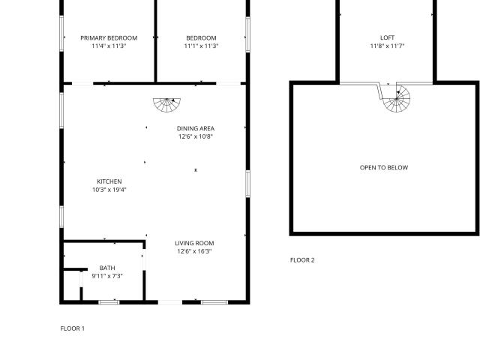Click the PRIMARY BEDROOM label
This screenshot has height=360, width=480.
point(109,38)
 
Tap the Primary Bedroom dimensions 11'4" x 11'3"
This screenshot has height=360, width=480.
point(109,46)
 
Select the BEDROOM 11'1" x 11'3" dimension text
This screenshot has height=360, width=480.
point(201,46)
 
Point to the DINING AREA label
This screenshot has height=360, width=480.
point(196,128)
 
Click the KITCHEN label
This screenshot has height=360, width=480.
point(109,181)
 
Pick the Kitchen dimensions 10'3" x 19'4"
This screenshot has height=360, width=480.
point(109,190)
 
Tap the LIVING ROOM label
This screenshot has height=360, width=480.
point(195,243)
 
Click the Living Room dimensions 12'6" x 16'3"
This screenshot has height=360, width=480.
point(195,251)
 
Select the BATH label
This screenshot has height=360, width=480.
point(107,268)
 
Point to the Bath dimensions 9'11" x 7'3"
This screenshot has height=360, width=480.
point(107,276)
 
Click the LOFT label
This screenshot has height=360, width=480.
point(387,38)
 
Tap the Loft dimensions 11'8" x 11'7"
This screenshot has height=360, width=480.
point(387,46)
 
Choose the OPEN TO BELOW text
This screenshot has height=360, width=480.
point(384,168)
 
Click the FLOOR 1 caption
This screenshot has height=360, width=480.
point(73,328)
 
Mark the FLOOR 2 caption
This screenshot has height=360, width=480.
point(302,260)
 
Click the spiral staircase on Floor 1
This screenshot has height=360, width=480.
point(166,104)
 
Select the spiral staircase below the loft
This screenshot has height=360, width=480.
point(397,98)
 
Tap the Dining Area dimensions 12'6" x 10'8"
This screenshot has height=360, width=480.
point(196,136)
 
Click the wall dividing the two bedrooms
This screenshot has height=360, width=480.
point(155,41)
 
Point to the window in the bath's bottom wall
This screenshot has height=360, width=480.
point(109,301)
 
